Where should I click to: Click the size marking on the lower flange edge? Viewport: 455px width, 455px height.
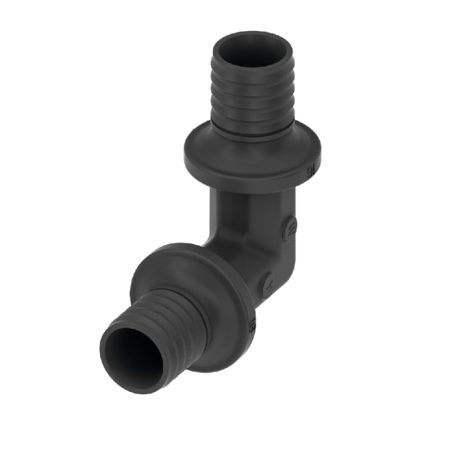pyautogui.click(x=253, y=327)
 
